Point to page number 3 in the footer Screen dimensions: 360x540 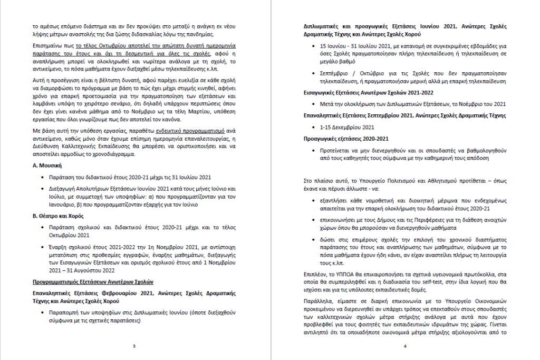(134, 346)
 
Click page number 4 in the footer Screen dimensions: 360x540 (405, 346)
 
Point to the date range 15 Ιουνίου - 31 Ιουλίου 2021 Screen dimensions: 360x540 (359, 45)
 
